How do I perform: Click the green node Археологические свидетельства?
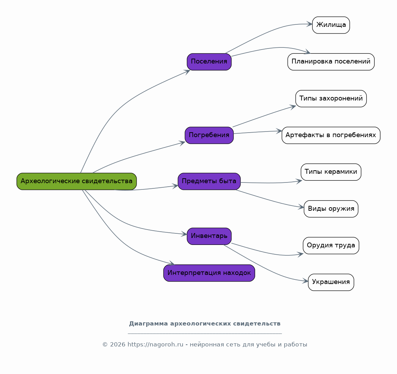(77, 181)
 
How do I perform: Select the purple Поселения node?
(209, 62)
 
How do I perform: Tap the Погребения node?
(209, 135)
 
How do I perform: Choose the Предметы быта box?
(209, 181)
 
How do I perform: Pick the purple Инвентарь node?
(209, 236)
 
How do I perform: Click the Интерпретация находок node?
(209, 273)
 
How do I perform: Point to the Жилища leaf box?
(331, 25)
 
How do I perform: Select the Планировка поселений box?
(331, 62)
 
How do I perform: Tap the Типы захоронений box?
(331, 98)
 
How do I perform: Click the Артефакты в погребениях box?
(331, 135)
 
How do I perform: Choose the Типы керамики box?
(331, 172)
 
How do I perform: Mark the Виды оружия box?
(331, 209)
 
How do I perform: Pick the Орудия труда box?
(331, 245)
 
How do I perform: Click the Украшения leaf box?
(331, 282)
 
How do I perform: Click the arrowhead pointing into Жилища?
(309, 24)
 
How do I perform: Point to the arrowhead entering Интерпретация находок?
(172, 263)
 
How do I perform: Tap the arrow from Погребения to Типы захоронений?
(264, 116)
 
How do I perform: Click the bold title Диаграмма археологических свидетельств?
(205, 323)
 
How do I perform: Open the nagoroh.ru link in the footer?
(155, 344)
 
